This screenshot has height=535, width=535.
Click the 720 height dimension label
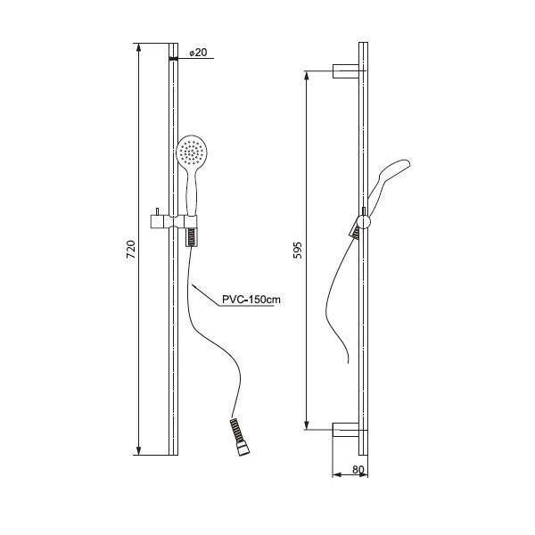[x=131, y=250]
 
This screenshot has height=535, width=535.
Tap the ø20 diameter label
[x=198, y=53]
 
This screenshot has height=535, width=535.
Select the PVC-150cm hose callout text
[x=251, y=300]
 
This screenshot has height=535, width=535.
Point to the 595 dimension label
[x=298, y=250]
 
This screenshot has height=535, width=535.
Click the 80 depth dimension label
[x=358, y=470]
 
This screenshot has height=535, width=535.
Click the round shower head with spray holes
[x=192, y=151]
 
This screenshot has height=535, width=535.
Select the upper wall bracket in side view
[x=346, y=71]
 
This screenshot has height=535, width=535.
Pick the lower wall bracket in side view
[x=346, y=430]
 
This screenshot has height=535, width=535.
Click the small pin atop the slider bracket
[x=157, y=211]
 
